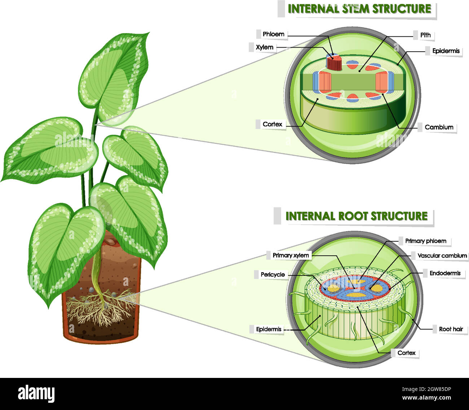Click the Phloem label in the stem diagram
pyautogui.click(x=273, y=34)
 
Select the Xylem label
pyautogui.click(x=264, y=47)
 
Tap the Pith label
pyautogui.click(x=425, y=35)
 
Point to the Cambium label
pyautogui.click(x=439, y=127)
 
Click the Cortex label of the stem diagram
pyautogui.click(x=272, y=124)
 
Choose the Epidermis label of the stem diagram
pyautogui.click(x=446, y=51)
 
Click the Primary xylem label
pyautogui.click(x=290, y=255)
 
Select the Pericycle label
pyautogui.click(x=272, y=275)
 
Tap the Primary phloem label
pyautogui.click(x=425, y=241)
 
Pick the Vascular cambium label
pyautogui.click(x=442, y=256)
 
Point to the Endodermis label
pyautogui.click(x=445, y=273)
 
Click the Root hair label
pyautogui.click(x=451, y=329)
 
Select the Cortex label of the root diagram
pyautogui.click(x=406, y=353)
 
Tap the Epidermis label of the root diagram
pyautogui.click(x=268, y=329)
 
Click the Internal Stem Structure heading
pyautogui.click(x=359, y=9)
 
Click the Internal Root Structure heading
pyautogui.click(x=356, y=216)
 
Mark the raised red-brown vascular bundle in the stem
pyautogui.click(x=334, y=63)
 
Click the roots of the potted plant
pyautogui.click(x=101, y=307)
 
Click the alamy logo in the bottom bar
pyautogui.click(x=36, y=394)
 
